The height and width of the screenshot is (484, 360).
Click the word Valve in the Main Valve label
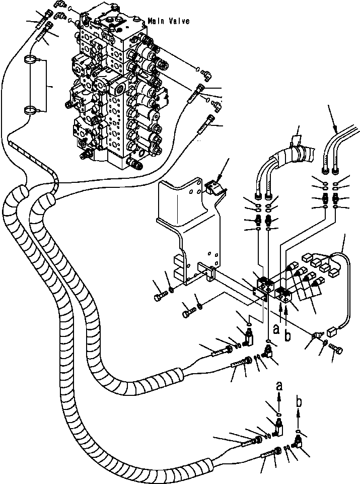(x=179, y=21)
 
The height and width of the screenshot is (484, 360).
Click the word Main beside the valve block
(x=157, y=21)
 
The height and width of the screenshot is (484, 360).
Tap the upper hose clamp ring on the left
(x=32, y=59)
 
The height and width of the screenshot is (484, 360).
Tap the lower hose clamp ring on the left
(x=32, y=110)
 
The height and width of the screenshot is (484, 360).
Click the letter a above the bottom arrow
(x=279, y=385)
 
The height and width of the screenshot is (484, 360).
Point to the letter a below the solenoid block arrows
(x=276, y=330)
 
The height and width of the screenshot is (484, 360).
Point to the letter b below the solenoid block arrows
(x=287, y=335)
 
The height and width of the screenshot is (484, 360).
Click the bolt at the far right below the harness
(x=336, y=348)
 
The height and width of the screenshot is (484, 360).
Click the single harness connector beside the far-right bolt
(x=332, y=332)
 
